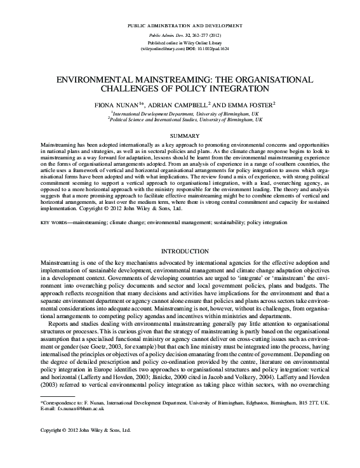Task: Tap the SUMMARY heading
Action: click(x=180, y=136)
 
